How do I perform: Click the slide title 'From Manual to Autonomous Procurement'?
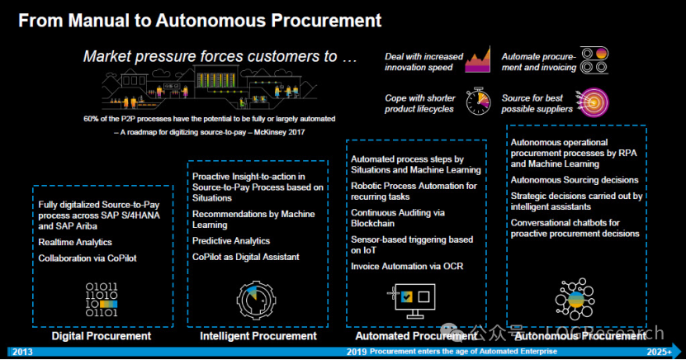(200, 19)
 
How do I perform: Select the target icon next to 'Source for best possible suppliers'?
(594, 102)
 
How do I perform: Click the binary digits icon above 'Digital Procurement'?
(101, 301)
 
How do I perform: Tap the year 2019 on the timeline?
(356, 352)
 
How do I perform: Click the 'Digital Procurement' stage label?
(101, 336)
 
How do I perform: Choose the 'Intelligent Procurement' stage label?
(258, 336)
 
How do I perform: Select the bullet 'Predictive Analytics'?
(231, 241)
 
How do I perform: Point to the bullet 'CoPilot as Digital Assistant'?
(246, 257)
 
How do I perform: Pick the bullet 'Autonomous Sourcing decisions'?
(575, 180)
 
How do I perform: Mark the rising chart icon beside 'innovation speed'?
(478, 60)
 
